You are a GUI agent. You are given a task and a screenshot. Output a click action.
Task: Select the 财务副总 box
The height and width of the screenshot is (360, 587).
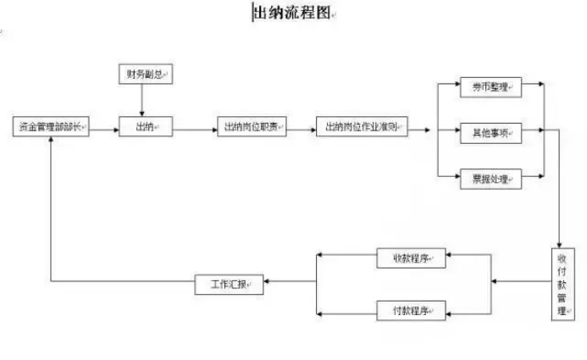142,75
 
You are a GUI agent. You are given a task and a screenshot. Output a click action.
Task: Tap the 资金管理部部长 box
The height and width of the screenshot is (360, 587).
51,127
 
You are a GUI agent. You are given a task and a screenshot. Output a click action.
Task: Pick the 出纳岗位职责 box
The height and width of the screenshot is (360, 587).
252,127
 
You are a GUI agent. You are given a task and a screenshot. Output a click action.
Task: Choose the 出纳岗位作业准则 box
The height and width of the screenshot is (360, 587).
362,129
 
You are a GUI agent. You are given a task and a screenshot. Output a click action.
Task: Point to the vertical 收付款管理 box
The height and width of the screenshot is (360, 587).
561,283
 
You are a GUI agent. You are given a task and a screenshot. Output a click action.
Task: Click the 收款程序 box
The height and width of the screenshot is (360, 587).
411,258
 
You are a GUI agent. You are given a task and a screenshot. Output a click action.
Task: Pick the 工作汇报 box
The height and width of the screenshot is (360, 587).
230,285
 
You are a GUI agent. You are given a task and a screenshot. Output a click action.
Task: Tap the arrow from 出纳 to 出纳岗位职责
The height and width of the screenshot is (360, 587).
194,129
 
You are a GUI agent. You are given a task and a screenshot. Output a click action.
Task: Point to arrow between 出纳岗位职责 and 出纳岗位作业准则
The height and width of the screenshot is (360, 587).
301,129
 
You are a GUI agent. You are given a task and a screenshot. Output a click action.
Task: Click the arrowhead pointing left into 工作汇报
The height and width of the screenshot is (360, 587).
270,283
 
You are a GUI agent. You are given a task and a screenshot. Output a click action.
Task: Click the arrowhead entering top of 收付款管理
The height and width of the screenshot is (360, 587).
561,242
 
